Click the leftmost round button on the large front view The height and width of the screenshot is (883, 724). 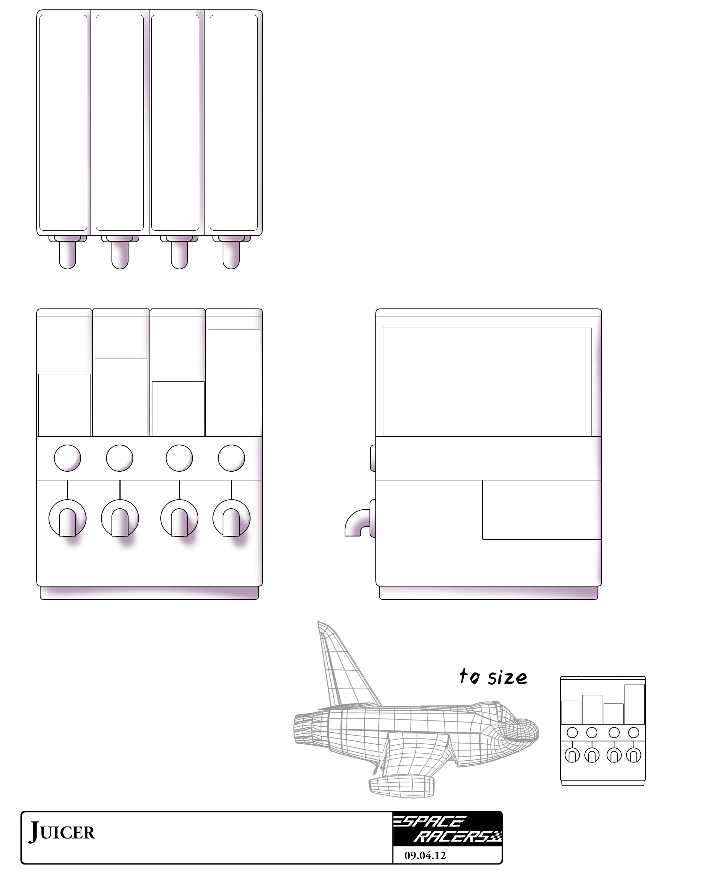tap(67, 458)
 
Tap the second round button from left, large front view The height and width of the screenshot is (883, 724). tap(120, 458)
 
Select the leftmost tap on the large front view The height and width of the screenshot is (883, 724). tap(67, 518)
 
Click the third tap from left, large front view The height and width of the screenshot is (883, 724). tap(179, 518)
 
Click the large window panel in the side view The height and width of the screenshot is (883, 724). tap(487, 382)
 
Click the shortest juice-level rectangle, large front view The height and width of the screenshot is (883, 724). tap(178, 409)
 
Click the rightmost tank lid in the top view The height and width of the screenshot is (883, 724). tap(233, 123)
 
